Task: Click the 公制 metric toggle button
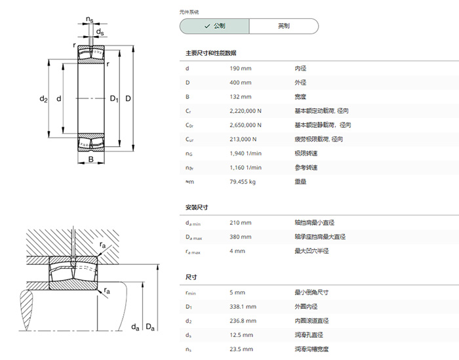(x=214, y=26)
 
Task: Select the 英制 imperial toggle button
(x=284, y=26)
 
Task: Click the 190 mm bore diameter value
(x=241, y=68)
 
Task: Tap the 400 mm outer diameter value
(x=241, y=83)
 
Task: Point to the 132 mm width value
(x=241, y=97)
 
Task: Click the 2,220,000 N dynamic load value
(x=245, y=111)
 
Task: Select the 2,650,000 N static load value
(x=245, y=125)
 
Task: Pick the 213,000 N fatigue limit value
(x=243, y=139)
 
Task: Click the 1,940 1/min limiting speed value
(x=245, y=153)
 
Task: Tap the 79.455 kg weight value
(x=243, y=182)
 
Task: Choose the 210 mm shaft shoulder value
(x=241, y=223)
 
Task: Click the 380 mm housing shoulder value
(x=241, y=237)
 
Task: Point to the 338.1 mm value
(x=243, y=307)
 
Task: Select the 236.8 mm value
(x=243, y=321)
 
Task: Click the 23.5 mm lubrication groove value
(x=241, y=349)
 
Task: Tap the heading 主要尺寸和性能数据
(x=210, y=53)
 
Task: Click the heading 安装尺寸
(x=197, y=207)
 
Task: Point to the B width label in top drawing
(x=91, y=159)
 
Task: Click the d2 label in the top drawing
(x=43, y=99)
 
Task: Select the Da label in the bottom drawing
(x=150, y=327)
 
